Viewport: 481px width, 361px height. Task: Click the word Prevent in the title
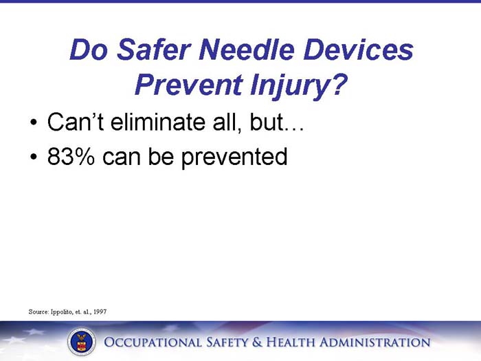183,85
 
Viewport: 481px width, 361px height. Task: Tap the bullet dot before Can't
33,125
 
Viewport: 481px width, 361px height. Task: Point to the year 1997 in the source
98,311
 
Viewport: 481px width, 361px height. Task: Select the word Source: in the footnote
38,311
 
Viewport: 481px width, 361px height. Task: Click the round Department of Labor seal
81,342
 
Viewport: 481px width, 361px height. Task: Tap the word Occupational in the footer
151,342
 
